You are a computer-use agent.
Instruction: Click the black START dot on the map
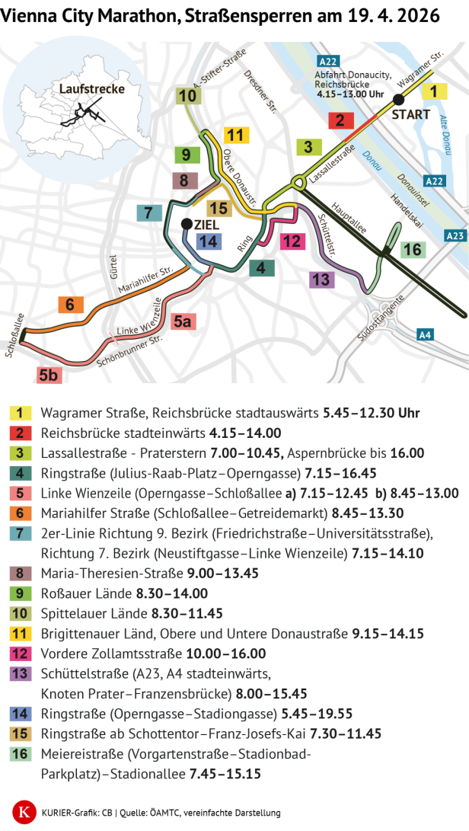coord(397,99)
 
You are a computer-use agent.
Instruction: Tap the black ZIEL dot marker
coord(187,224)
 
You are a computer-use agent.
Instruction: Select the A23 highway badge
coord(455,235)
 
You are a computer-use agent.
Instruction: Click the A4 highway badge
coord(426,334)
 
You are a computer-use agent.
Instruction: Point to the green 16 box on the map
coord(412,250)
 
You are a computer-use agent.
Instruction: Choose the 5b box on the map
coord(49,374)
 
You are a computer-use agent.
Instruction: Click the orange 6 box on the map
coord(70,305)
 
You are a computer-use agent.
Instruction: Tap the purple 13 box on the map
coord(322,279)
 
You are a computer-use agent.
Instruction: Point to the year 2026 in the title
coord(418,14)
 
